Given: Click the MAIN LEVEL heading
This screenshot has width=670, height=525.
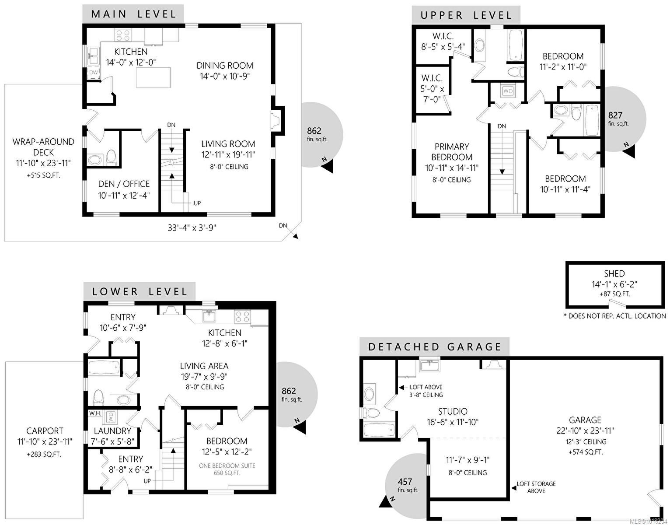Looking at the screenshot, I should [133, 14].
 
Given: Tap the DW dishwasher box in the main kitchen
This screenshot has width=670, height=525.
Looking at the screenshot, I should [94, 73].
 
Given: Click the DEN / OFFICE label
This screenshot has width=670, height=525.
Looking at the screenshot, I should [124, 184].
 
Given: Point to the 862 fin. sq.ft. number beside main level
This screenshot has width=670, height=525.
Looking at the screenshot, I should [314, 130].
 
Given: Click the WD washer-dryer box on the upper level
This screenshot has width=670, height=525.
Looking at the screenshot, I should [508, 91].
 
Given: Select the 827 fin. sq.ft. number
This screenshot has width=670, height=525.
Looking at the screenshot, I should [615, 115].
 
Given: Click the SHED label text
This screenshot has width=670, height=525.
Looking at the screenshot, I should [614, 273].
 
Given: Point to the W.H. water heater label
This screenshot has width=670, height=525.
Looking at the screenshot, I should [95, 413].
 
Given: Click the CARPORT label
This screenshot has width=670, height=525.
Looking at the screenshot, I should [45, 431].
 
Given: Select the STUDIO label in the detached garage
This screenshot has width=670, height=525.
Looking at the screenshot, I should [453, 411].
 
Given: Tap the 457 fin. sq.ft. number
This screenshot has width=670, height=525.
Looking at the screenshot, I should [405, 481].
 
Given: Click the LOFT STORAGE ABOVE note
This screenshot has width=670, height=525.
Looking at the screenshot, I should [536, 487].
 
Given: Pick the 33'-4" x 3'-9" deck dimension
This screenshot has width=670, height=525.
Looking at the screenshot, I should [192, 227].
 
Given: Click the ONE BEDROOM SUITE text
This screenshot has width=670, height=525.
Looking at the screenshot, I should [227, 465].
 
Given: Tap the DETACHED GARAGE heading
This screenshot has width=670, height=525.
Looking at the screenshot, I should [435, 347].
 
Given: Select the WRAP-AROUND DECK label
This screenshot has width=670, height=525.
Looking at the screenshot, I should [43, 147].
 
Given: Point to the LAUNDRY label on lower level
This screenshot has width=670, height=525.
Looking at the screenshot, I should [112, 431].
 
